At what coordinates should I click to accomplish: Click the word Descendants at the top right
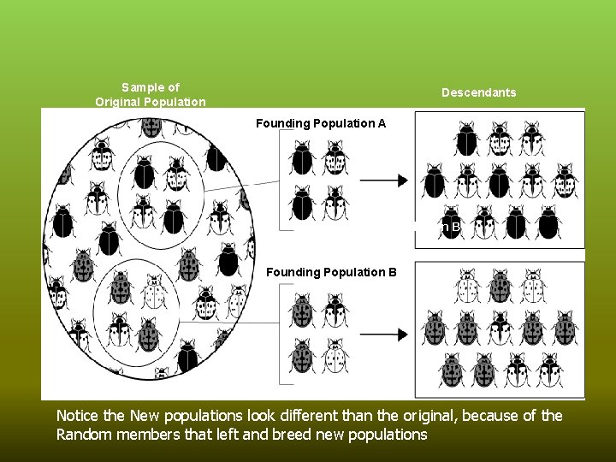click(478, 92)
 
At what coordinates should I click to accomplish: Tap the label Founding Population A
click(321, 123)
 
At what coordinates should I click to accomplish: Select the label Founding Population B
click(332, 272)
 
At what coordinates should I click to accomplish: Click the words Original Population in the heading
click(151, 102)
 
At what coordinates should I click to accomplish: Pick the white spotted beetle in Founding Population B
click(334, 352)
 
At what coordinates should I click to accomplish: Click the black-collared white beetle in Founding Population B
click(334, 310)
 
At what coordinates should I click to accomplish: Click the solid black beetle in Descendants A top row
click(466, 139)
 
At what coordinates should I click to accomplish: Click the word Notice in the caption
click(76, 416)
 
